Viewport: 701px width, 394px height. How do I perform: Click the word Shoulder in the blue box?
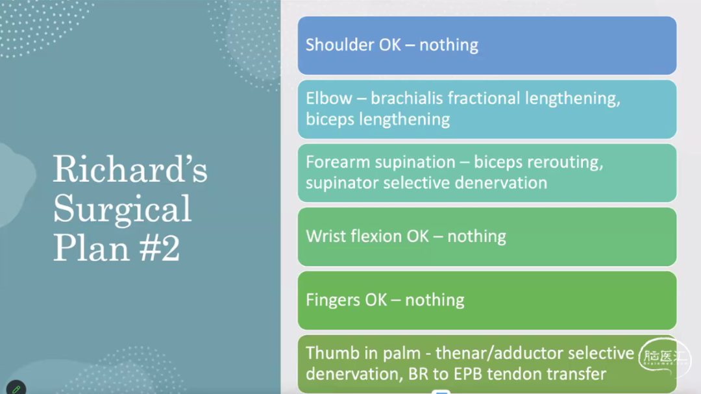pyautogui.click(x=339, y=45)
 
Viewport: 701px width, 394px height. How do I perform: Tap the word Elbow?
pyautogui.click(x=328, y=99)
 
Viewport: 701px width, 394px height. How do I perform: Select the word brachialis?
pyautogui.click(x=406, y=99)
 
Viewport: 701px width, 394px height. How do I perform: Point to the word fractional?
pyautogui.click(x=484, y=99)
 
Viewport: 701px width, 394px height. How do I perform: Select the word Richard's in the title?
pyautogui.click(x=130, y=169)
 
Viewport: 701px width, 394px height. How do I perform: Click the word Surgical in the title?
pyautogui.click(x=123, y=209)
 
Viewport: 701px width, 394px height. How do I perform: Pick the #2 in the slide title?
pyautogui.click(x=159, y=248)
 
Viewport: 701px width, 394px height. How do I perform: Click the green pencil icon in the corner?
pyautogui.click(x=16, y=389)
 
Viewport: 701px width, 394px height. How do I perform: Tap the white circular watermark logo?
pyautogui.click(x=665, y=358)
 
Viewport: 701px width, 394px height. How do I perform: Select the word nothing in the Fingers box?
pyautogui.click(x=434, y=300)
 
